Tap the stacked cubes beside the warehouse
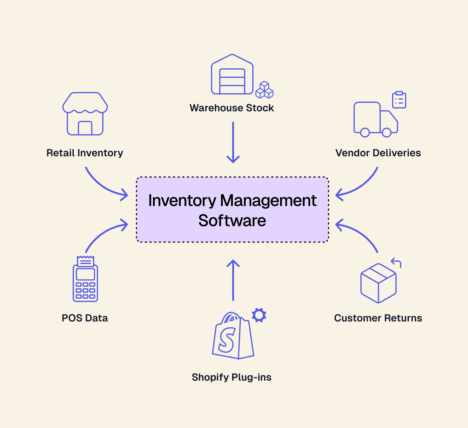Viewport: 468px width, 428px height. coord(264,90)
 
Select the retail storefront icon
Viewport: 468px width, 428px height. coord(85,114)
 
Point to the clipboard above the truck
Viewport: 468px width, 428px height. coord(399,100)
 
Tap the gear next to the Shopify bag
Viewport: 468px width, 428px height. coord(259,315)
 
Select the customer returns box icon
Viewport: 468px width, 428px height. coord(378,283)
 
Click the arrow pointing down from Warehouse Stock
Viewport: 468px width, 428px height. coord(233,142)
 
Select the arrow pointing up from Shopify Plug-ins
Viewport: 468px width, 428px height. coord(233,280)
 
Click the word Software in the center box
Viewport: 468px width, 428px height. coord(232,221)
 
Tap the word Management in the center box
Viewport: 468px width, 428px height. coord(268,201)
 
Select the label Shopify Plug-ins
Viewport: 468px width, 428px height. coord(232,377)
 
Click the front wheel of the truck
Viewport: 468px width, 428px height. coord(386,133)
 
